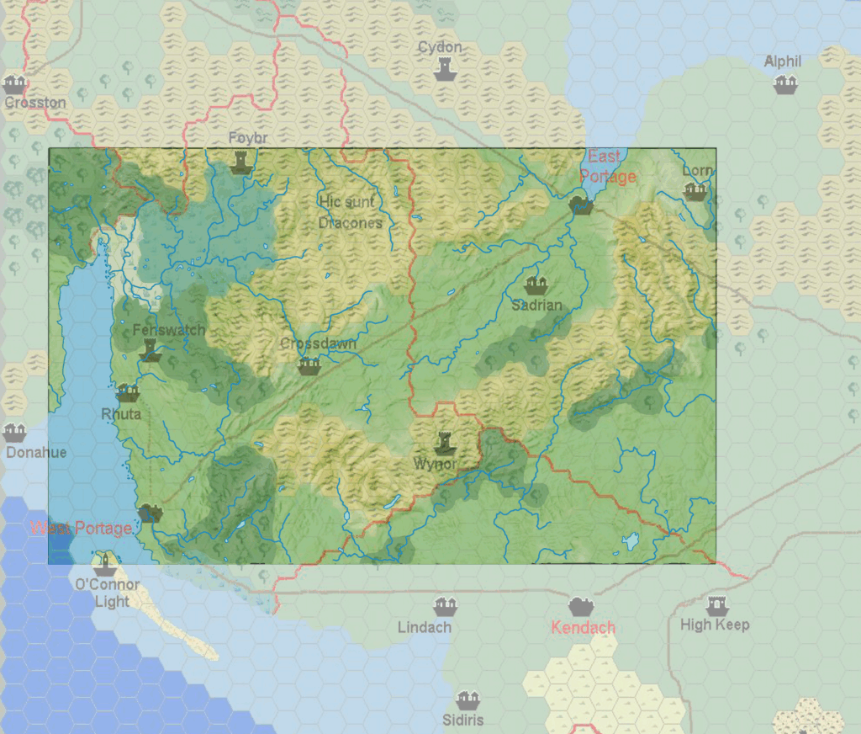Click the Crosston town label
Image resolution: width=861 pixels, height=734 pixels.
[x=35, y=103]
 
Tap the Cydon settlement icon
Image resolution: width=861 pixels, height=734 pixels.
[x=445, y=71]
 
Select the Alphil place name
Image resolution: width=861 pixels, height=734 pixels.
[x=783, y=61]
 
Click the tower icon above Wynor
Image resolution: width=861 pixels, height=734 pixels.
[x=444, y=441]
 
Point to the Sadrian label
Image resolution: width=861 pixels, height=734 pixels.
[x=536, y=306]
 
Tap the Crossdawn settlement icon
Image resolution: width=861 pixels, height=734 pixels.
[x=309, y=366]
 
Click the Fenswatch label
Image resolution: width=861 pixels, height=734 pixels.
[x=168, y=330]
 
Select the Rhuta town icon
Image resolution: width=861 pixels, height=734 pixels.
[x=128, y=393]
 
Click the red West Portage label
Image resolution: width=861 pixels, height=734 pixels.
[x=81, y=529]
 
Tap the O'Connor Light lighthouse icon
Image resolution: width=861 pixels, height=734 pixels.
[x=104, y=561]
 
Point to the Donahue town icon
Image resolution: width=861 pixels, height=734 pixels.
[x=14, y=433]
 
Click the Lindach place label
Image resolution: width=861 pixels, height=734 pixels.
[x=425, y=627]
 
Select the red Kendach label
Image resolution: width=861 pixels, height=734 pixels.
[x=583, y=627]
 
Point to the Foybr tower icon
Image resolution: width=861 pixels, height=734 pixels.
[x=241, y=161]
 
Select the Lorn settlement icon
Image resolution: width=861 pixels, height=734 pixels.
[x=695, y=191]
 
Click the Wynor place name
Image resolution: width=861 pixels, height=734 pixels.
[x=435, y=464]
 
